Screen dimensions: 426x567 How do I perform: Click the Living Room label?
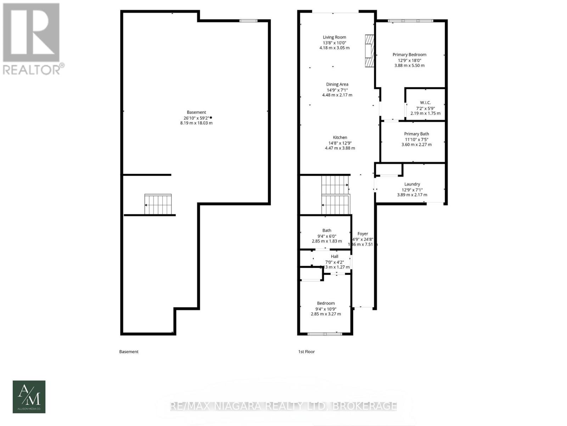pos(334,37)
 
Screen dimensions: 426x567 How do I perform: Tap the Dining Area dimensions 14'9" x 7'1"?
pos(337,90)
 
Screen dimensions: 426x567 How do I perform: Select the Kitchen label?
pos(340,137)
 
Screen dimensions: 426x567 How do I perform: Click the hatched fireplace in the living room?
pos(370,50)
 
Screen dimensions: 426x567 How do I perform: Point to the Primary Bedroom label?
pos(409,55)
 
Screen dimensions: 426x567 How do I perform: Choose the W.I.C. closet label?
pos(425,103)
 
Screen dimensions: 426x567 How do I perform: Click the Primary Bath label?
pos(416,134)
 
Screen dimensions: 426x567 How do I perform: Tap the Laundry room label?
pos(412,184)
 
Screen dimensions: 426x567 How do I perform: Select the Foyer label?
pos(363,234)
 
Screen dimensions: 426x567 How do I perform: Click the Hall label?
pos(335,256)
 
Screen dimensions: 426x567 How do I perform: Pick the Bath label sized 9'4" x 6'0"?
pos(327,230)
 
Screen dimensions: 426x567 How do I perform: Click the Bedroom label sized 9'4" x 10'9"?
pos(326,303)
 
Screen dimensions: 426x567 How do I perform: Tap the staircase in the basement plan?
pos(158,204)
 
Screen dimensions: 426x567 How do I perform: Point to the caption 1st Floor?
pos(306,352)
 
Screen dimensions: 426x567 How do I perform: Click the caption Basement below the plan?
pos(129,352)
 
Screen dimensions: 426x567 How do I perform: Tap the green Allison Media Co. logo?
pos(29,397)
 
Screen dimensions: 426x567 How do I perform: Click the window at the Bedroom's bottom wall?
pos(325,334)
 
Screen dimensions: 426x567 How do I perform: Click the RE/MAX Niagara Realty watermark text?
pos(283,406)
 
